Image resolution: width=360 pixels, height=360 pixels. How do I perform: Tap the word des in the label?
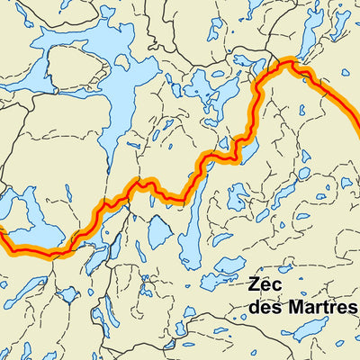tap(265, 308)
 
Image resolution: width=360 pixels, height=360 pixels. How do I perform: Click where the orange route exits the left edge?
tap(2, 236)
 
